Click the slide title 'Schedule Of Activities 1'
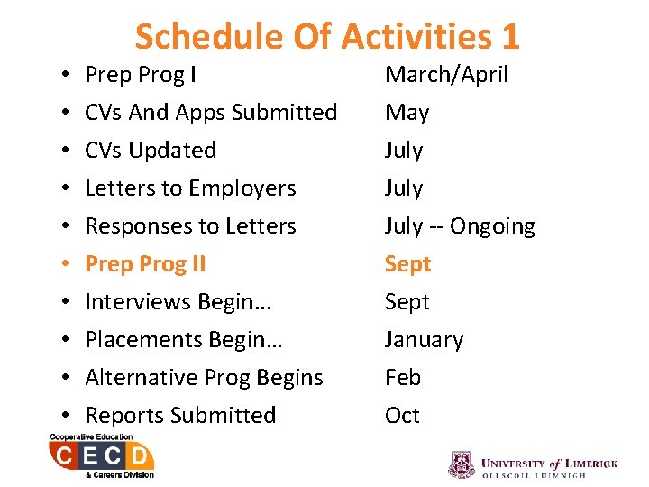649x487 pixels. click(327, 36)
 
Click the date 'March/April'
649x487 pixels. click(446, 75)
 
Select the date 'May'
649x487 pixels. click(407, 113)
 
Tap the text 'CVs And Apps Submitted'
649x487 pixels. click(211, 113)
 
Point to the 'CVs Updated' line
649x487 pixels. click(151, 151)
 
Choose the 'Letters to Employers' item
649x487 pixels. click(190, 188)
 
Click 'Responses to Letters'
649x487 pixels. click(190, 226)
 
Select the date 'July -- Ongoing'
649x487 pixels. click(460, 226)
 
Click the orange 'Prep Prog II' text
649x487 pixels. click(145, 264)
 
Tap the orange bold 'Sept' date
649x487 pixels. click(407, 264)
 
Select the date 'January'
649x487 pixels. click(424, 340)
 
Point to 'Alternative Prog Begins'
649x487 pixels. click(204, 378)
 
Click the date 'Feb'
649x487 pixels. click(403, 378)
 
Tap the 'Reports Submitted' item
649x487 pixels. click(180, 416)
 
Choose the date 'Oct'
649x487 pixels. click(402, 416)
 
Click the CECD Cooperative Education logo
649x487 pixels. click(101, 456)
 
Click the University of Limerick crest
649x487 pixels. click(462, 464)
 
